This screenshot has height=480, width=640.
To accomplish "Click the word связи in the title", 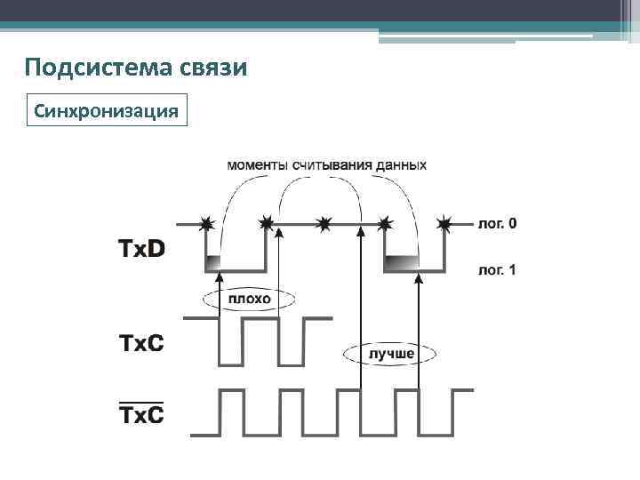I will [213, 68].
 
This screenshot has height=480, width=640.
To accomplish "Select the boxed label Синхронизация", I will [108, 112].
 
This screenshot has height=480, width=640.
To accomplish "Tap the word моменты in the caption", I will [258, 165].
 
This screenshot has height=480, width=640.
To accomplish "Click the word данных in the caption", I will [396, 165].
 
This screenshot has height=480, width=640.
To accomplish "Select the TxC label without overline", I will [142, 341].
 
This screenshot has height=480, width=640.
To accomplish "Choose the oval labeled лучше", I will [391, 354].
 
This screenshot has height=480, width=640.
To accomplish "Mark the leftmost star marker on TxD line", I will [206, 223].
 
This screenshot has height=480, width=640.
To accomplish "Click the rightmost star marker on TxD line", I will [444, 223].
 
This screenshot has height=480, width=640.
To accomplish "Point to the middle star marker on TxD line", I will [325, 223].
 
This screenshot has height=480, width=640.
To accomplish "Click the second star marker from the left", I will [266, 223].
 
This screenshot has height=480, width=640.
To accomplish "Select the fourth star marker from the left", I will [385, 223].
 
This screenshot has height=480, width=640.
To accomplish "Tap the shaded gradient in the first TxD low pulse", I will [214, 262].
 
